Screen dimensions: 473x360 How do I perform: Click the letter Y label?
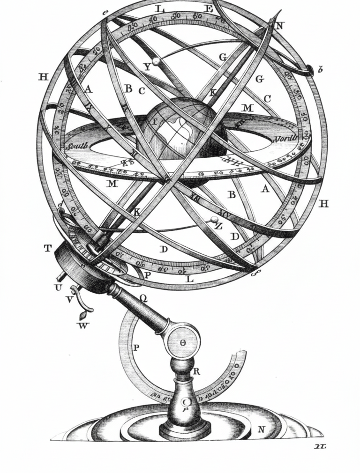pos(147,67)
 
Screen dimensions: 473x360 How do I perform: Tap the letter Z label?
pos(218,226)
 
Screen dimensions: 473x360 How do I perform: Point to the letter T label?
pos(47,249)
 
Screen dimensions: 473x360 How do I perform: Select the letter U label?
pos(58,288)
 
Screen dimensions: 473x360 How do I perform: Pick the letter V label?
pos(69,299)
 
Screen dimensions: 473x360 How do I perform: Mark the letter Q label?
pos(143,298)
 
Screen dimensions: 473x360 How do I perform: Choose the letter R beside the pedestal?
pos(196,372)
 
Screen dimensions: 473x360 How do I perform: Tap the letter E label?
pos(209,9)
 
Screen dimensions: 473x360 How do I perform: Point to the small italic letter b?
pos(321,70)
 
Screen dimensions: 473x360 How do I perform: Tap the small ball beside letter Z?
pos(214,219)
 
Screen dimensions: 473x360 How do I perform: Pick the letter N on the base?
pos(261,429)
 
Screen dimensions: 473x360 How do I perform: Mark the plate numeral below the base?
pos(320,446)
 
